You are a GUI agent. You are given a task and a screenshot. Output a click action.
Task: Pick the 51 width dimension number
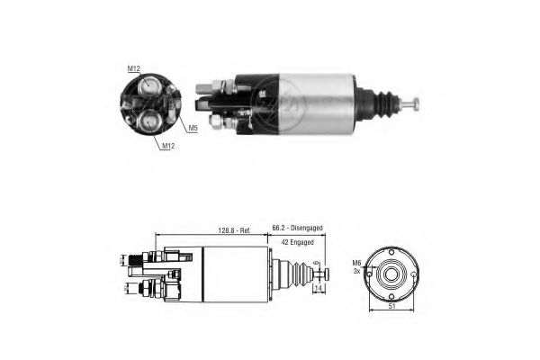point(391,306)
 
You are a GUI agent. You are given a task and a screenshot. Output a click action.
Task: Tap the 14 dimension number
point(318,288)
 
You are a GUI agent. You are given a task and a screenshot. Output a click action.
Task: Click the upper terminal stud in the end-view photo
point(148,86)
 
